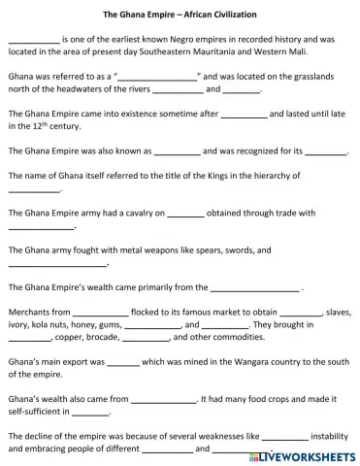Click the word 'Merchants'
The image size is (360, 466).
click(27, 314)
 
